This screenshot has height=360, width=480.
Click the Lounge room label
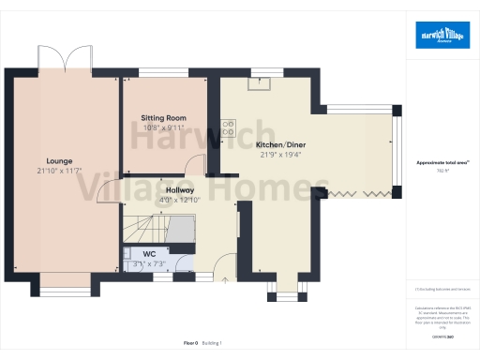tap(60, 161)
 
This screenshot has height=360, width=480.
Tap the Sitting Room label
tap(163, 118)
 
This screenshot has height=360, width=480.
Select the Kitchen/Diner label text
tap(280, 145)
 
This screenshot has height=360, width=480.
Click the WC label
tap(149, 254)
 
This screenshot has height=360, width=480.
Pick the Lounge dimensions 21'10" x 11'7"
tap(60, 171)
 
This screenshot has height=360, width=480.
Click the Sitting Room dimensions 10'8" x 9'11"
tap(163, 127)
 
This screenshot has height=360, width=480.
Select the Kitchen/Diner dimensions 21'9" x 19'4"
tap(280, 155)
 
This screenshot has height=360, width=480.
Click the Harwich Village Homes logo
tap(442, 35)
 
